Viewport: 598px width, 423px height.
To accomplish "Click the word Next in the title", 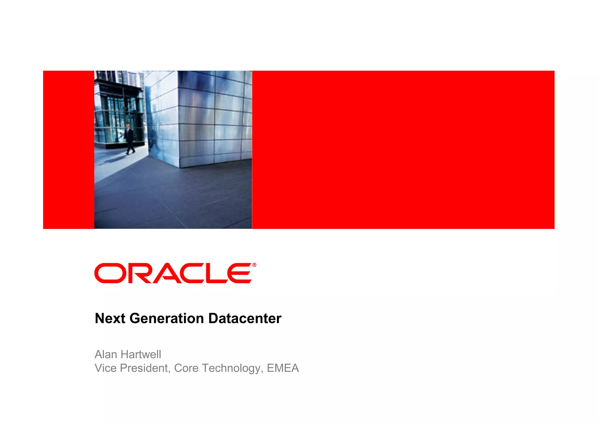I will [x=110, y=318].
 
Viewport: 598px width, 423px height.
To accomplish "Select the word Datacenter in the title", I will [x=245, y=318].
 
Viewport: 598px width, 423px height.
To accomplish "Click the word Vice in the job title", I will [x=105, y=368].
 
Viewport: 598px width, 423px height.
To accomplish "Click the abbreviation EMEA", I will [x=283, y=368].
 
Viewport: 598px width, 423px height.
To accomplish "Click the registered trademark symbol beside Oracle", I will [x=254, y=265].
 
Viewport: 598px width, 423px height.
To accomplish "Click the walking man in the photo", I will [x=129, y=139].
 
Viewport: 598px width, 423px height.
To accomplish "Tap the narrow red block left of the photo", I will [x=69, y=150].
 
